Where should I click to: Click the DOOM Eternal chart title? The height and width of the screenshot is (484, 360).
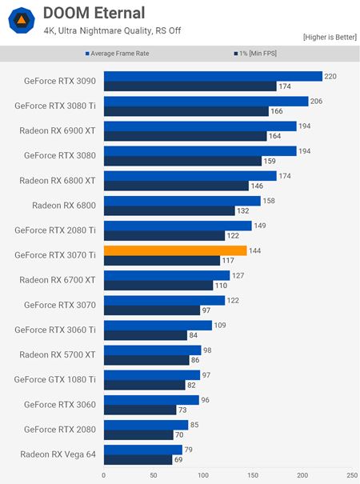click(x=94, y=13)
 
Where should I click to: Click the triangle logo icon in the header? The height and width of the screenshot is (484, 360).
click(x=18, y=20)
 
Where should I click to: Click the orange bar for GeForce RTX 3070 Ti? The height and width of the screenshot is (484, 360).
click(x=175, y=250)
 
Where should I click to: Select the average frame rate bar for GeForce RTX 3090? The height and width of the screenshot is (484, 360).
click(x=213, y=76)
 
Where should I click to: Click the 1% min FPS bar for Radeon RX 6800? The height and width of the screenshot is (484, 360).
click(x=169, y=210)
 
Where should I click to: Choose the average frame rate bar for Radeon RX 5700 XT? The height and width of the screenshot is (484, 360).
click(x=152, y=350)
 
